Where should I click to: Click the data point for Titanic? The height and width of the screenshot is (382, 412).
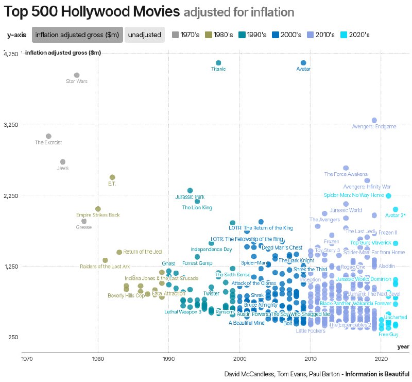[x=218, y=63]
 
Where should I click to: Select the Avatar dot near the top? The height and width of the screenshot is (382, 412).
[x=303, y=63]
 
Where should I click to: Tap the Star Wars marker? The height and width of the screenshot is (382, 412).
[x=77, y=75]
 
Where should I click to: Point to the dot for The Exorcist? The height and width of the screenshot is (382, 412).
[x=48, y=136]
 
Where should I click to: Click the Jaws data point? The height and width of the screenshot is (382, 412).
[x=63, y=162]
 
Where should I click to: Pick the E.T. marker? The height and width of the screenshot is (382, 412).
[x=112, y=177]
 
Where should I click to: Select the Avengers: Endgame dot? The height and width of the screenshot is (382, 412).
[x=374, y=120]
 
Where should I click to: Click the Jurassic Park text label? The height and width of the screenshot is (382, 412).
[x=190, y=197]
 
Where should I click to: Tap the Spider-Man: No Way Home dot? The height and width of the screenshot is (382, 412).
[x=388, y=196]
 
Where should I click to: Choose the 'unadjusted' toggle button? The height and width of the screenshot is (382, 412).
[x=144, y=35]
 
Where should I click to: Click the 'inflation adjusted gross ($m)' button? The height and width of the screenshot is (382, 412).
[x=77, y=35]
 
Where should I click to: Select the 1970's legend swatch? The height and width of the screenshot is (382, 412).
[x=176, y=35]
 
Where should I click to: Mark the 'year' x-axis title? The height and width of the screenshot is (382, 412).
[x=403, y=346]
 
